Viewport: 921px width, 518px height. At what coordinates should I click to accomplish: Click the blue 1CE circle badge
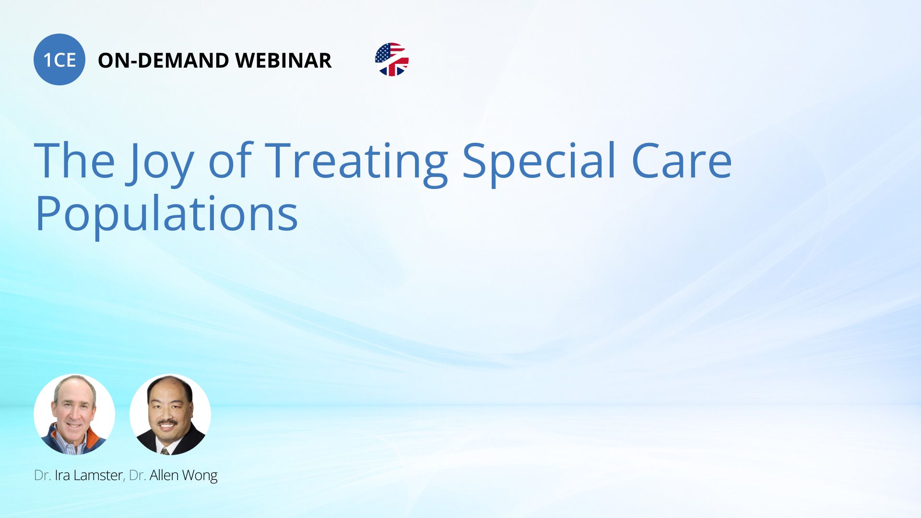pyautogui.click(x=59, y=59)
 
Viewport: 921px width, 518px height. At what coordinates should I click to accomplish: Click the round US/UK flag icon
pyautogui.click(x=392, y=59)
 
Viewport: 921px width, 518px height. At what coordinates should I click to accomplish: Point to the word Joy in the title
pyautogui.click(x=160, y=163)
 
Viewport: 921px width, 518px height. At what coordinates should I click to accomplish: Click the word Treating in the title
pyautogui.click(x=356, y=163)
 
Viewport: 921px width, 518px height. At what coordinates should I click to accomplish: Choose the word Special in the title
pyautogui.click(x=539, y=163)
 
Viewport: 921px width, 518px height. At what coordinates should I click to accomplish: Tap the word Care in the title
pyautogui.click(x=682, y=161)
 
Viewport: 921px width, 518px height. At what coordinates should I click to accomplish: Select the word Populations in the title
pyautogui.click(x=166, y=215)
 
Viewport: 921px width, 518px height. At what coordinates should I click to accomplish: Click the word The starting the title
pyautogui.click(x=74, y=161)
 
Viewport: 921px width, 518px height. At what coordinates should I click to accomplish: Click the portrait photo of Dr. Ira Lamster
pyautogui.click(x=74, y=414)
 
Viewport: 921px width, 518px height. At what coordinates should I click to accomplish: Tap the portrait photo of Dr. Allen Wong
pyautogui.click(x=170, y=414)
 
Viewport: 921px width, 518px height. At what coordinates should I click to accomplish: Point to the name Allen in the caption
pyautogui.click(x=164, y=475)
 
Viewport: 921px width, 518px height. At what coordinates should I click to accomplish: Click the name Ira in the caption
pyautogui.click(x=62, y=475)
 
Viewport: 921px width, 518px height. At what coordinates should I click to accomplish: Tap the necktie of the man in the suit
pyautogui.click(x=165, y=451)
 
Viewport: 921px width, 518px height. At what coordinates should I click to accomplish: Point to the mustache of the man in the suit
pyautogui.click(x=167, y=423)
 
